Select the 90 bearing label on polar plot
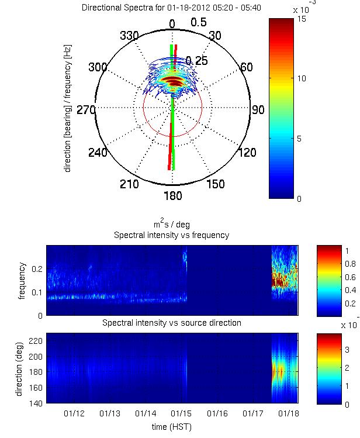258,109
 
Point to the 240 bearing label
98,153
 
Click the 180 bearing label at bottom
172,195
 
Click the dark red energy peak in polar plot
172,80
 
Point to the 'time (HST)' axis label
172,427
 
